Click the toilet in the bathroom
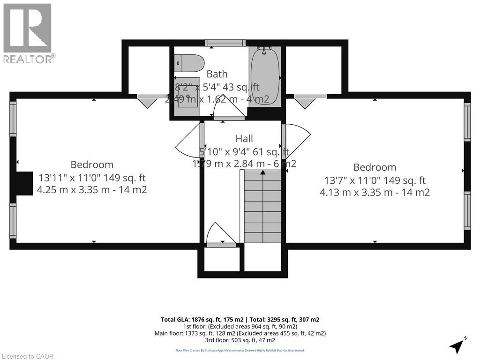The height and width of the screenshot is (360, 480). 189,62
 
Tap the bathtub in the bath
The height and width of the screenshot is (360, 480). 265,75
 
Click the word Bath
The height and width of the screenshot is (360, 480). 217,74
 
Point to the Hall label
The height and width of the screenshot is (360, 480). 244,138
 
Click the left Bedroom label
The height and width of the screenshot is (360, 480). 92,165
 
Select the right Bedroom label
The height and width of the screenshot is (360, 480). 375,167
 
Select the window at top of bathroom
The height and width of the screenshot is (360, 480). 225,43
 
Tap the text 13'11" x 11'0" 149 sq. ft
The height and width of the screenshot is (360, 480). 92,178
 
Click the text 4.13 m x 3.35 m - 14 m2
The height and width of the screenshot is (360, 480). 375,192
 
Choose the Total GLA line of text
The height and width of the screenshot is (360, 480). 240,319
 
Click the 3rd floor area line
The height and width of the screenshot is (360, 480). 240,340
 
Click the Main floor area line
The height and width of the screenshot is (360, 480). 240,333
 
